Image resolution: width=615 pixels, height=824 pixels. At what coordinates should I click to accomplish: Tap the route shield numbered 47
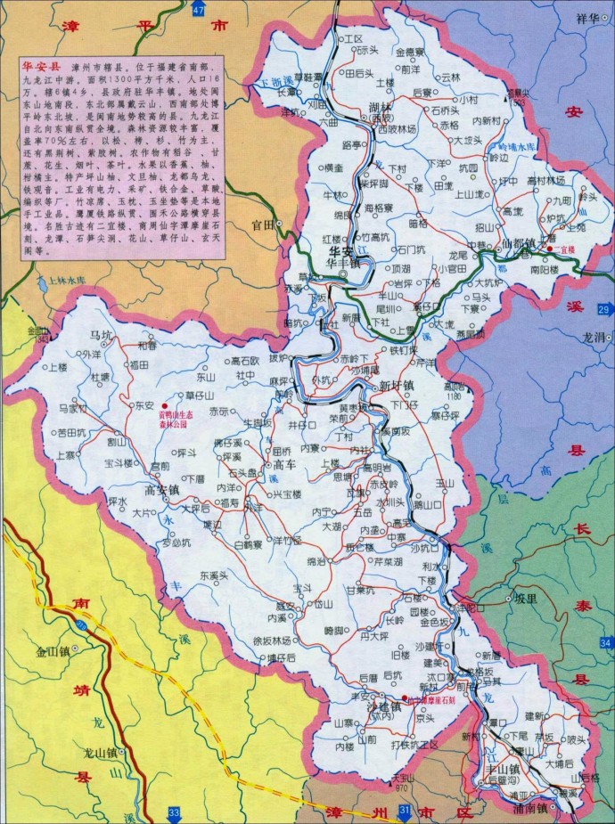point(198,9)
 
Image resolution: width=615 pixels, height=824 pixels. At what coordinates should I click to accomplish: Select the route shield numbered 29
point(603,309)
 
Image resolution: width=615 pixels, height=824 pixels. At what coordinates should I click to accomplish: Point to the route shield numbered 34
point(606,643)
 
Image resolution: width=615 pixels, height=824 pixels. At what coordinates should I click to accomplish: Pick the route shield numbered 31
point(405,811)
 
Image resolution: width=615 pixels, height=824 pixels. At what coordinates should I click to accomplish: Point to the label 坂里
point(525,599)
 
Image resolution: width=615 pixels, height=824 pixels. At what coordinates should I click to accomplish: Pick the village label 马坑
point(102,335)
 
